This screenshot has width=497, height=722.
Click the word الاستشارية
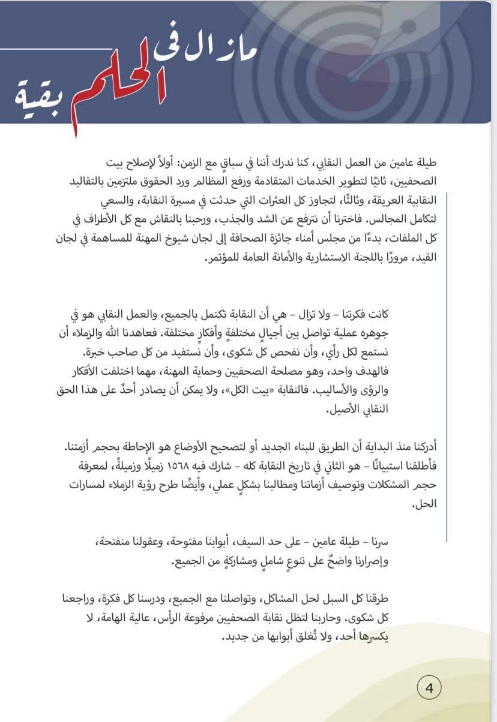tap(318, 259)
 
